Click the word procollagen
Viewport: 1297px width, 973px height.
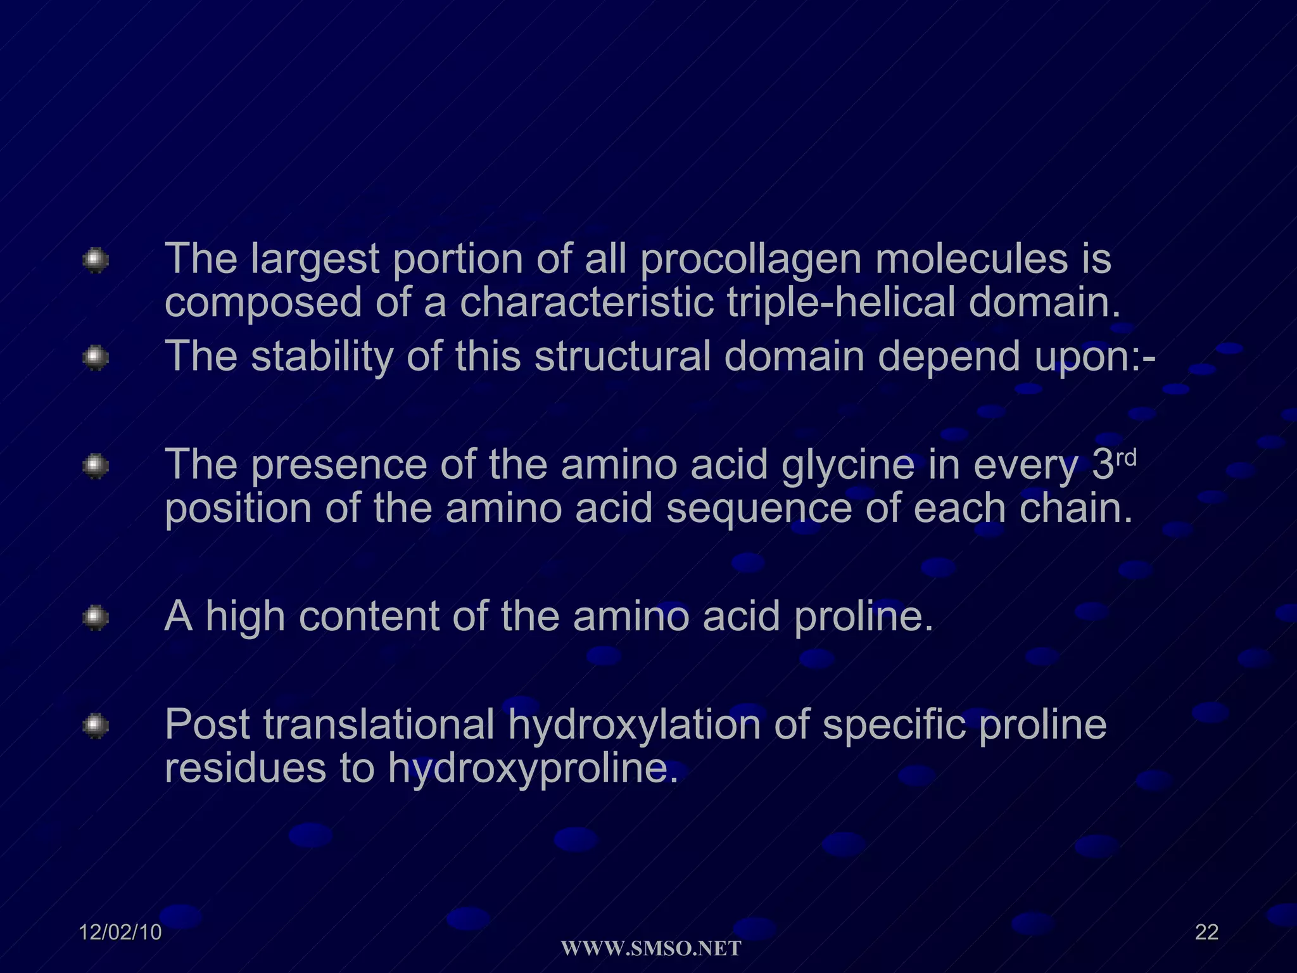tap(750, 260)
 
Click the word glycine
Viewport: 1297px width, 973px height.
tap(847, 465)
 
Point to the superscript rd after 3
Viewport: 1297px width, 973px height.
tap(1126, 457)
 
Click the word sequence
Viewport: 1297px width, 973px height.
tap(759, 509)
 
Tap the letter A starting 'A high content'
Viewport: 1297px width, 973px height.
tap(178, 616)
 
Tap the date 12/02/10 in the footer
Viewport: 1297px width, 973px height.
tap(120, 932)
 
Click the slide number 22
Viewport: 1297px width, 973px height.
tap(1206, 932)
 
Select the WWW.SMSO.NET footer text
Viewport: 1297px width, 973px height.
tap(651, 949)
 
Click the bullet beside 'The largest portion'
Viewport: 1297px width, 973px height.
tap(96, 260)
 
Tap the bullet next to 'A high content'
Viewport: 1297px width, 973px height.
tap(96, 618)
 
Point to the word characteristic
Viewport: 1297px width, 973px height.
tap(586, 302)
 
